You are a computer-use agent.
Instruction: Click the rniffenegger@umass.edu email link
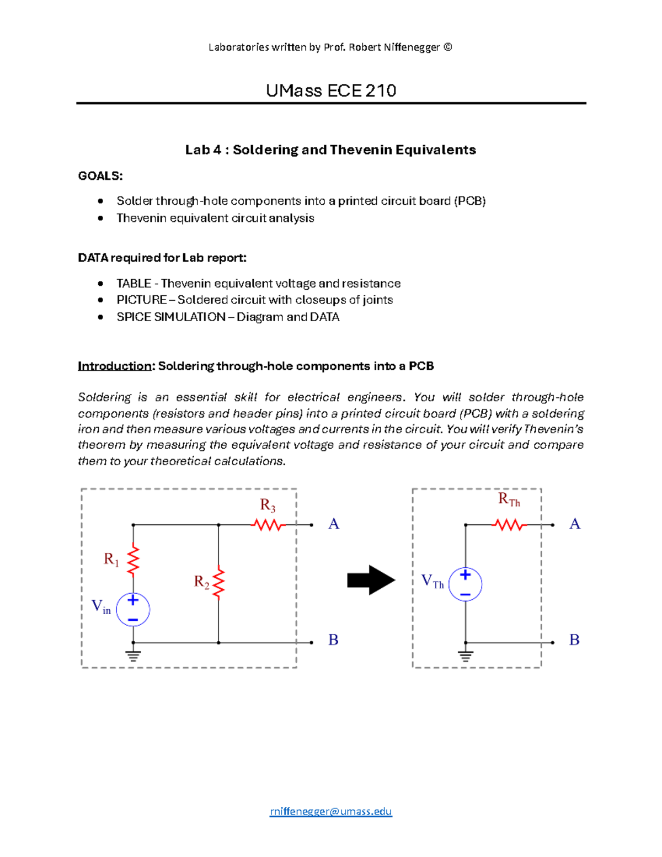pos(330,811)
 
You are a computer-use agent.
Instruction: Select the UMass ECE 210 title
pos(331,91)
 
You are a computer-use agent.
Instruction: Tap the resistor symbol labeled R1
pos(133,561)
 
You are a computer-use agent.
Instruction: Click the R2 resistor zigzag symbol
pos(218,582)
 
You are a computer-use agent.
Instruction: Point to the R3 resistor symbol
pos(268,525)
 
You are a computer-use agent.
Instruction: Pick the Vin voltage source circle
pos(133,609)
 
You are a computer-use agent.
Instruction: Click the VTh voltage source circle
pos(465,584)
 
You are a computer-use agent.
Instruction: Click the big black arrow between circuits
pos(371,580)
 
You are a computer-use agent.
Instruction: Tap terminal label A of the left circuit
pos(334,524)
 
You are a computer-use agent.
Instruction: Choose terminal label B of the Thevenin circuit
pos(574,640)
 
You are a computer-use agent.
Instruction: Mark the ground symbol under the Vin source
pos(133,656)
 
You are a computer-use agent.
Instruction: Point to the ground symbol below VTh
pos(466,656)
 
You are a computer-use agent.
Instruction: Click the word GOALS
pos(100,176)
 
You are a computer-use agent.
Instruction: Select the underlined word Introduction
pos(114,366)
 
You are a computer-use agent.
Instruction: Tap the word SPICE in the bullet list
pos(134,317)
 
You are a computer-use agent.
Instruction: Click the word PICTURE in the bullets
pos(142,300)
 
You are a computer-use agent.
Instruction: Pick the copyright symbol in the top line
pos(447,47)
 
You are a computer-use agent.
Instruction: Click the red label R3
pos(268,505)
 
